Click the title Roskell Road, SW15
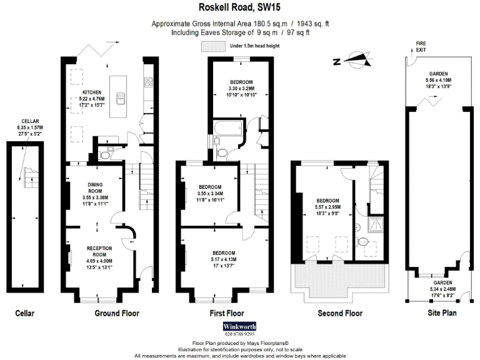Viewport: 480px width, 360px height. click(x=239, y=8)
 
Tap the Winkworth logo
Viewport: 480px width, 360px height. click(x=239, y=326)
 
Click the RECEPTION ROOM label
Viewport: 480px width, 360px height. click(x=99, y=251)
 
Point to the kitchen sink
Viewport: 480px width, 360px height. click(x=124, y=98)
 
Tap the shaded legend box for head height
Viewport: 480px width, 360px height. click(x=213, y=46)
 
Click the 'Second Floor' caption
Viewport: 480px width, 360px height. click(x=340, y=313)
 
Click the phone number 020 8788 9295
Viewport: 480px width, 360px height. click(x=239, y=334)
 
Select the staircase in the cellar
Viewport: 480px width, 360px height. click(x=27, y=177)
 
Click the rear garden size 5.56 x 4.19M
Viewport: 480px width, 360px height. click(x=438, y=81)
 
